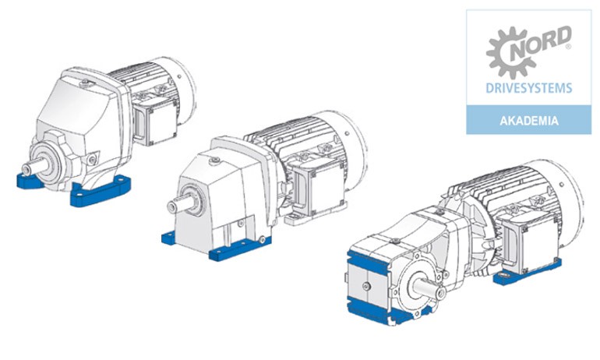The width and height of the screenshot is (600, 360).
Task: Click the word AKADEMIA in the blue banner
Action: click(x=529, y=121)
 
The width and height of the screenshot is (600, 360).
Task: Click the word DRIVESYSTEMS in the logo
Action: click(x=529, y=88)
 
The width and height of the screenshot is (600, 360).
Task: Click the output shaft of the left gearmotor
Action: click(x=34, y=167)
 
